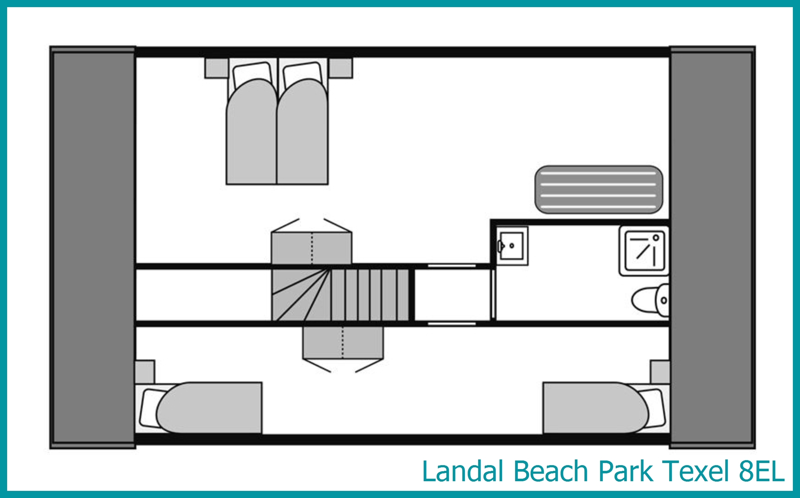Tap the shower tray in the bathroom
tap(644, 251)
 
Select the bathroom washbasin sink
tap(512, 246)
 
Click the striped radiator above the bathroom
tap(599, 190)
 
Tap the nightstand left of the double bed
tap(216, 68)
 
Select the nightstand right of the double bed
tap(341, 68)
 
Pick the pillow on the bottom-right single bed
tap(652, 408)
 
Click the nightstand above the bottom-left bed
tap(145, 372)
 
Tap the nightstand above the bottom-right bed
tap(660, 372)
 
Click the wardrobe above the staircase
tap(311, 248)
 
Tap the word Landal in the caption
tap(463, 471)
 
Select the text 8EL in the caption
tap(762, 471)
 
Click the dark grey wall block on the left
tap(92, 247)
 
